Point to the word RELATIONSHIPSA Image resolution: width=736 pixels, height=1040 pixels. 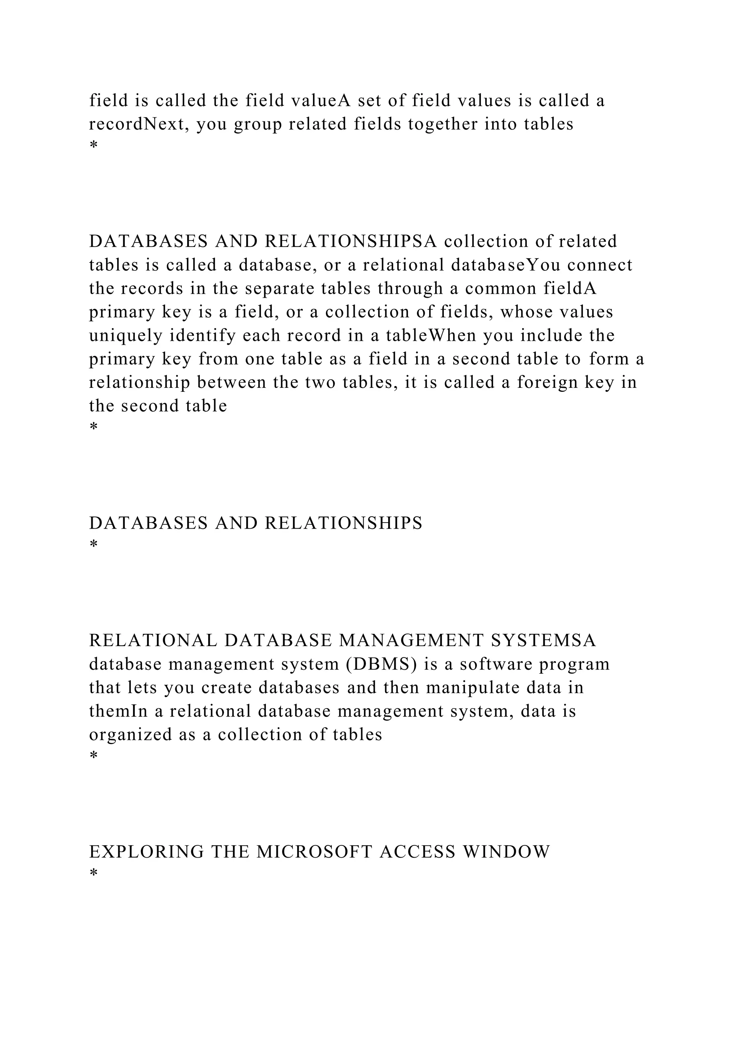tap(350, 241)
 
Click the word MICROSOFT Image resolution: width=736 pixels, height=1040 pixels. tap(314, 852)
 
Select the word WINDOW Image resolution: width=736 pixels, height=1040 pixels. tap(506, 852)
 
